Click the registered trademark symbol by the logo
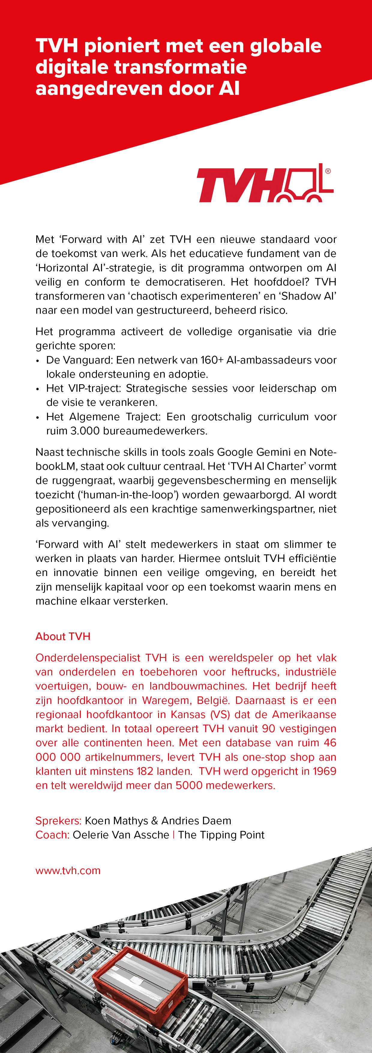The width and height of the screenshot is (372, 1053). pos(328,171)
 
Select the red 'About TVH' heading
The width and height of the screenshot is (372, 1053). pos(63,636)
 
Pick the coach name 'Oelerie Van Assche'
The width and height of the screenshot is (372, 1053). pos(121,835)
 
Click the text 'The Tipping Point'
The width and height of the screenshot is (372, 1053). pos(221,835)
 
